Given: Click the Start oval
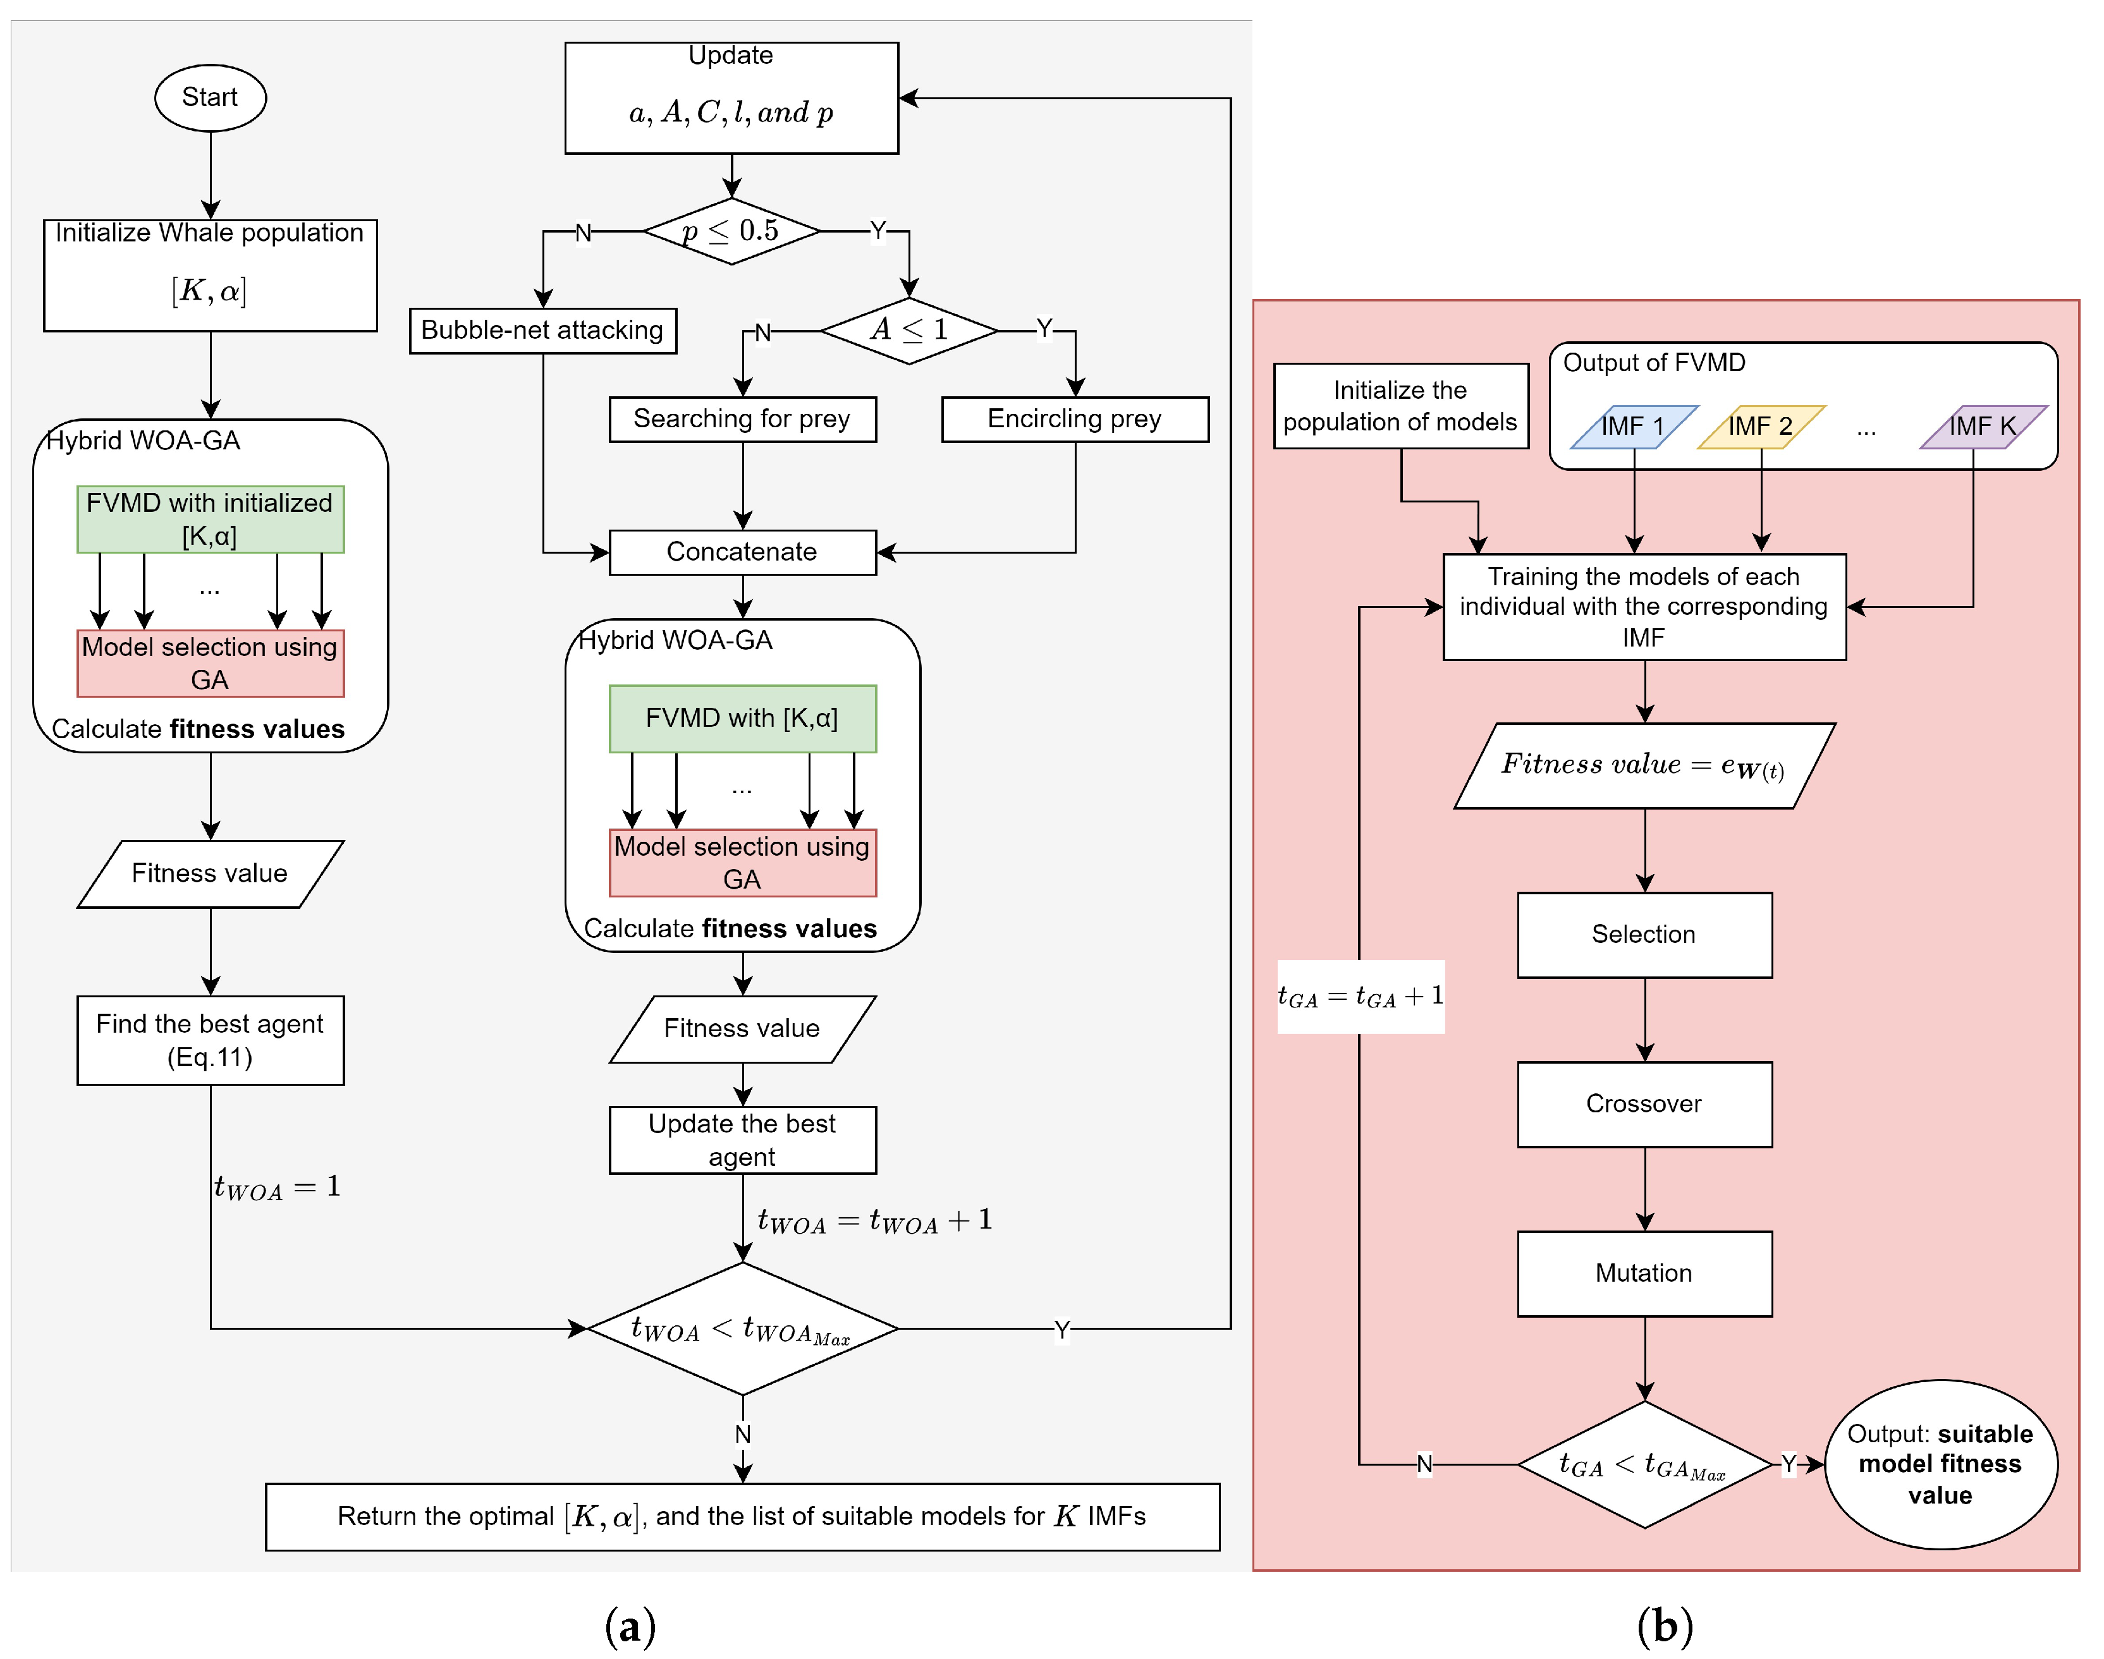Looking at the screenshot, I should coord(210,98).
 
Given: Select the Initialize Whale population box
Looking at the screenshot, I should coord(210,275).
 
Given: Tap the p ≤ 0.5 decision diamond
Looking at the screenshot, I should coord(731,231).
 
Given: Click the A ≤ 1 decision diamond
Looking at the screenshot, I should coord(909,331).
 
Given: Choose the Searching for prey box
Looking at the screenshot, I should coord(742,418).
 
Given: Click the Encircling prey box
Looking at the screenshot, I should coord(1074,418).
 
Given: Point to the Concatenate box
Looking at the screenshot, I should coord(742,552).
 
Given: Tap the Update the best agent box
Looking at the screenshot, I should coord(742,1139).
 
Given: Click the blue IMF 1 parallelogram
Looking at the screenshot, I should coord(1634,427).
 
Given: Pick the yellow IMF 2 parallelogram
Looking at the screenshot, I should coord(1760,427).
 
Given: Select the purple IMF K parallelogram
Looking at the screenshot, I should coord(1983,427).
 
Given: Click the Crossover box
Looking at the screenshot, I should coord(1644,1103).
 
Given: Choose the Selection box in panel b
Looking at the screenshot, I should coord(1644,934).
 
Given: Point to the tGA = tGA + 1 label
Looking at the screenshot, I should coord(1360,997).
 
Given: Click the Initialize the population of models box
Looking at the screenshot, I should coord(1400,406).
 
